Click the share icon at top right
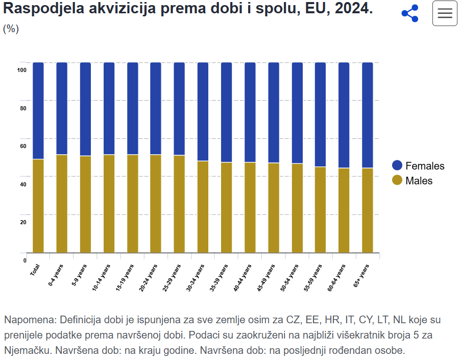[410, 14]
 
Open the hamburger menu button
[445, 14]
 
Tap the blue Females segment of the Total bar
[38, 110]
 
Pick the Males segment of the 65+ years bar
[368, 210]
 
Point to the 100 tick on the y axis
[21, 70]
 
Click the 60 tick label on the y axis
[23, 147]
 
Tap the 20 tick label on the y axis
[23, 222]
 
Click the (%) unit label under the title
[11, 29]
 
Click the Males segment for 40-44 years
[250, 207]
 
